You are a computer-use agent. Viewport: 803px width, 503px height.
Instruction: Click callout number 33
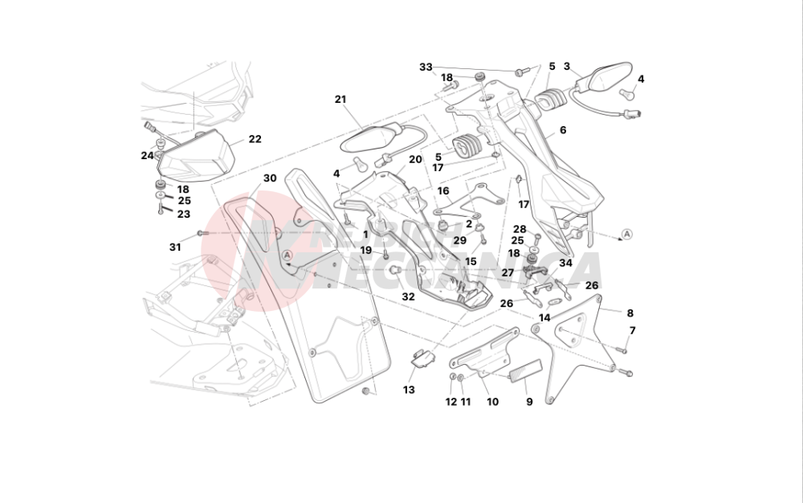tap(426, 67)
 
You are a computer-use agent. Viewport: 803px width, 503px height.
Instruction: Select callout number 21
tap(340, 100)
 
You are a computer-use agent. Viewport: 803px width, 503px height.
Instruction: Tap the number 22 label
tap(255, 139)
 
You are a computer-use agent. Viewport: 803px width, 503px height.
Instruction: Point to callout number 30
tap(270, 178)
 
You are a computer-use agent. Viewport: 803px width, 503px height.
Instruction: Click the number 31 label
tap(175, 247)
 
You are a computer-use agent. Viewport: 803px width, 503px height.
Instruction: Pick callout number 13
tap(409, 390)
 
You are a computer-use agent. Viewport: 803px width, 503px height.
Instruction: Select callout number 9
tap(529, 402)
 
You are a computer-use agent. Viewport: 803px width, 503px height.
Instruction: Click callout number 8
tap(630, 313)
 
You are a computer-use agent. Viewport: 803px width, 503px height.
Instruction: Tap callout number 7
tap(632, 330)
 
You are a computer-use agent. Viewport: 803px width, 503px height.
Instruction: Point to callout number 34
tap(566, 263)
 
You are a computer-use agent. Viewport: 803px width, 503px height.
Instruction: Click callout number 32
tap(408, 296)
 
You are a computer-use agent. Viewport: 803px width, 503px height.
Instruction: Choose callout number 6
tap(563, 129)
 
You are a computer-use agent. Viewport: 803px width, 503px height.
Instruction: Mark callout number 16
tap(443, 191)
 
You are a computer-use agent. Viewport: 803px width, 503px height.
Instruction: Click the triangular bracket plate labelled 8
tap(574, 346)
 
